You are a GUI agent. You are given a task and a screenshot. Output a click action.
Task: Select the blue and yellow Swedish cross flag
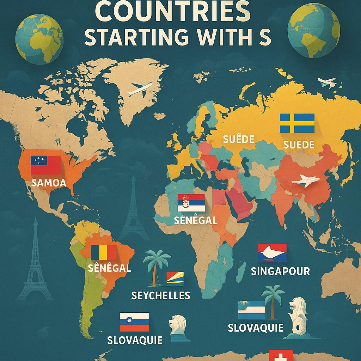[297, 123]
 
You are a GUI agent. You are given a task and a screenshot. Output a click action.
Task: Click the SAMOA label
[49, 183]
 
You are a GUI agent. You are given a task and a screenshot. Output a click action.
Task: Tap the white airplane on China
[305, 181]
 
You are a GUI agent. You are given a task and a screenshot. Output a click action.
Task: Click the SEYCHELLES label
[160, 295]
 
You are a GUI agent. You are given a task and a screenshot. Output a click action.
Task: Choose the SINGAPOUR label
[280, 271]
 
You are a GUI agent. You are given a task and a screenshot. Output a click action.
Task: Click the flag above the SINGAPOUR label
[272, 252]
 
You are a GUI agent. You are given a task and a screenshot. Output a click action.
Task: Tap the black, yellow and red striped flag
[103, 253]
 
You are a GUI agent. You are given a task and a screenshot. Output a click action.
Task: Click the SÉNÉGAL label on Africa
[196, 221]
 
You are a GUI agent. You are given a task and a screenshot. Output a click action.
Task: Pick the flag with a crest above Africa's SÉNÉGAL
[191, 203]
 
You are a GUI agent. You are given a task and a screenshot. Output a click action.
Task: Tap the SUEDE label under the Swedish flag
[299, 145]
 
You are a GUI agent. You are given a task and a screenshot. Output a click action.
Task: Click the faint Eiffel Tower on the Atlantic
[133, 208]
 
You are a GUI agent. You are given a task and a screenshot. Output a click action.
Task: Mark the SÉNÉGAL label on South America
[109, 268]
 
